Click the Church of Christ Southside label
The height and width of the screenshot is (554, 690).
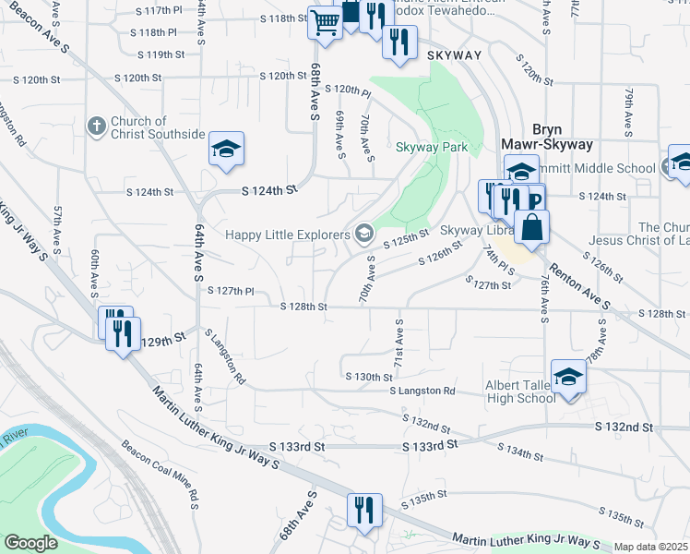coord(158,127)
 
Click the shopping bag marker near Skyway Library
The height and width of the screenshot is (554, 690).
coord(532,227)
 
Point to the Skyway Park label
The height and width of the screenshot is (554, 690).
coord(432,147)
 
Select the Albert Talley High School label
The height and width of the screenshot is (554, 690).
coord(520,391)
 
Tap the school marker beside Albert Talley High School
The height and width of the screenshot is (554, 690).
coord(568,377)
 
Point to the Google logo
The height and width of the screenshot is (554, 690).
coord(30,543)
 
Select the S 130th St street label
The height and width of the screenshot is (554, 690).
coord(369,377)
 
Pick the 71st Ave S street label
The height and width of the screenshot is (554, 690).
coord(399,343)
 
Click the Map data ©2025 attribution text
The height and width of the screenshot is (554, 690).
coord(650,547)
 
